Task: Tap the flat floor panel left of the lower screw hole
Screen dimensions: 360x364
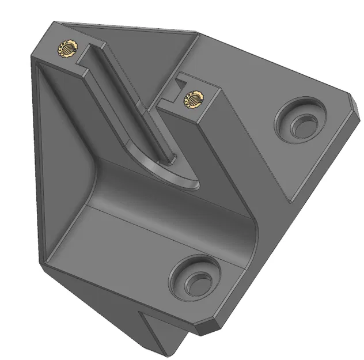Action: tap(115, 253)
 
